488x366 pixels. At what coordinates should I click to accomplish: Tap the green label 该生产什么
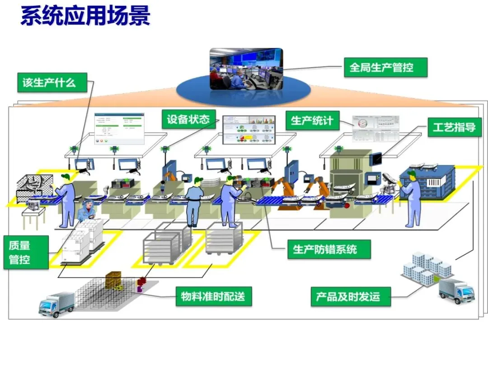(x=50, y=83)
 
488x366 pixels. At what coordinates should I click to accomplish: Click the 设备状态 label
(x=188, y=119)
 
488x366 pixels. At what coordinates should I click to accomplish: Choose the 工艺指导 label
(x=454, y=127)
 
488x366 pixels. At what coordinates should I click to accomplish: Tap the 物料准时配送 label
(x=213, y=296)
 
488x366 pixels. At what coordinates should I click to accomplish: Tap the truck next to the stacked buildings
(x=456, y=290)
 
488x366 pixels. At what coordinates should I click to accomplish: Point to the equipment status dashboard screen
(x=249, y=130)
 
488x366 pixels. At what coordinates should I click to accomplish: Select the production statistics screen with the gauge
(x=376, y=128)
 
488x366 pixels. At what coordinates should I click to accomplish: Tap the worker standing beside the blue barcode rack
(x=412, y=199)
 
